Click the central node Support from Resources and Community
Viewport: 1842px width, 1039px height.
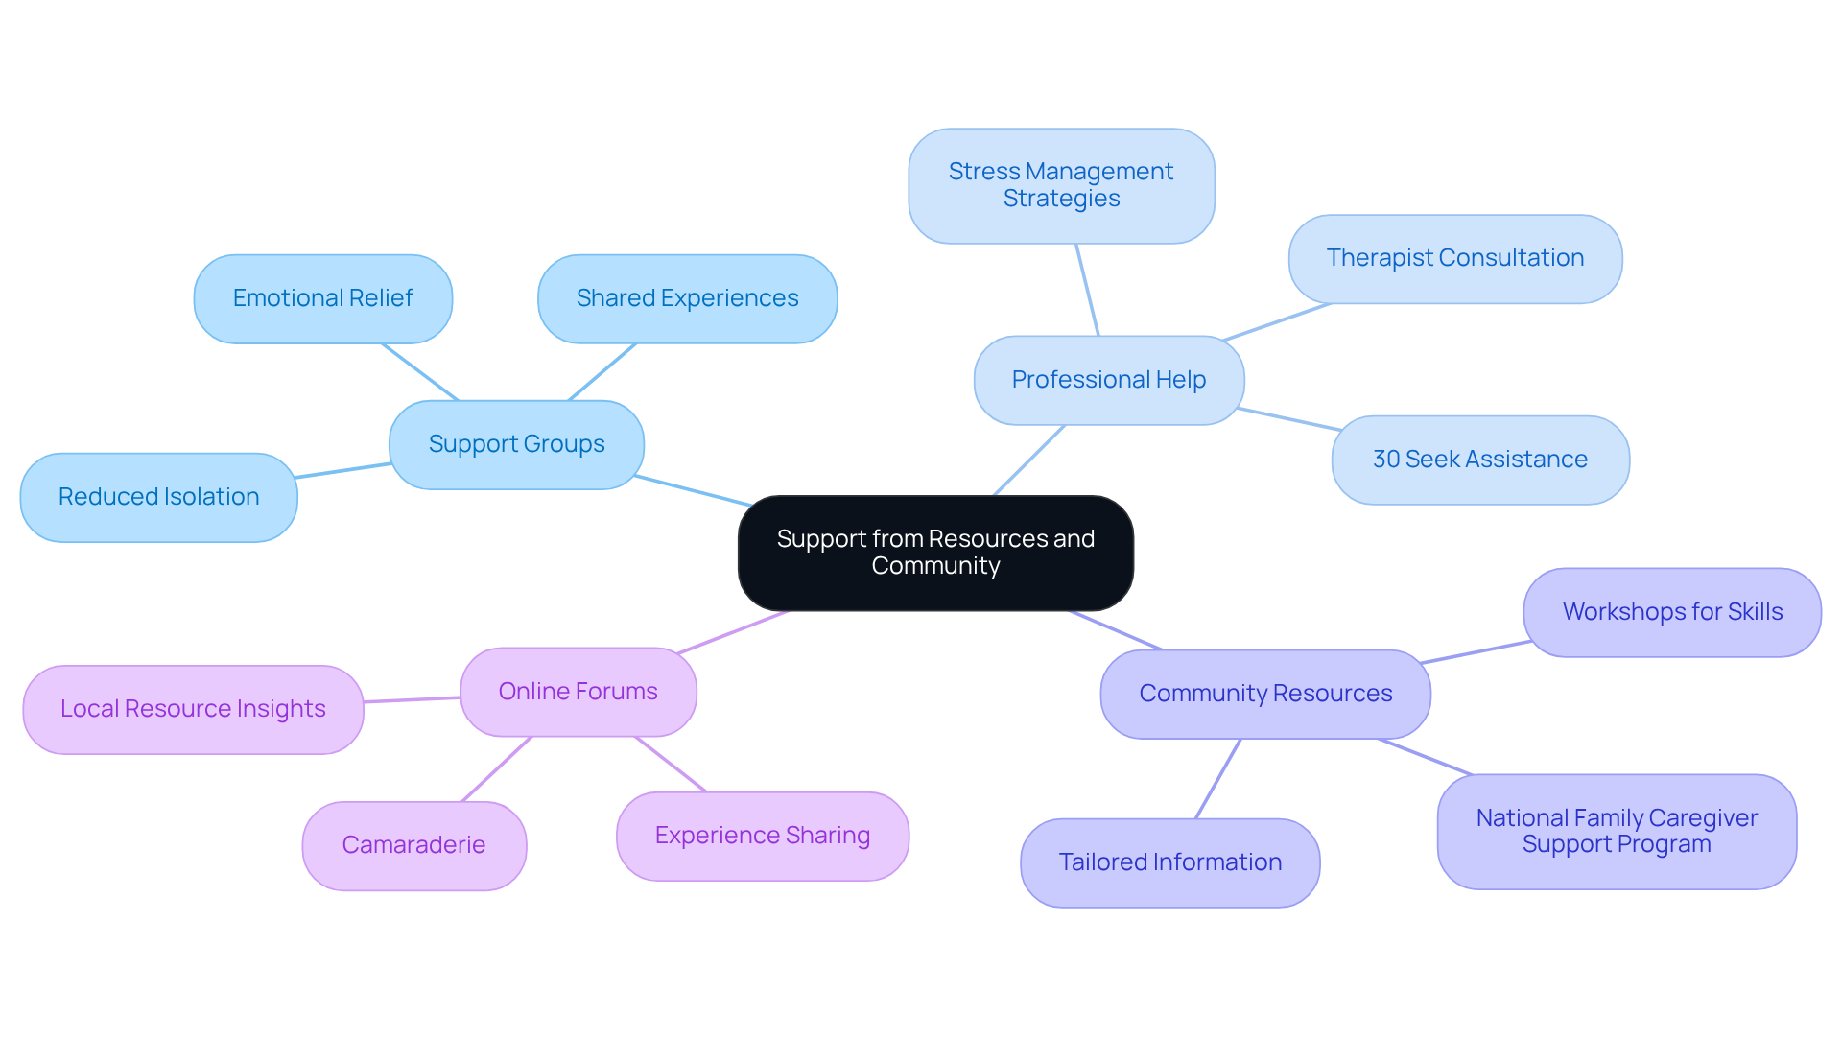click(x=935, y=553)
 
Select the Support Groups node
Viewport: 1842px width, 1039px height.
click(x=516, y=444)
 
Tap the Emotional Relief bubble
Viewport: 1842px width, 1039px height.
click(x=322, y=298)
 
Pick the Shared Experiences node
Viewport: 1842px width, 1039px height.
click(x=687, y=298)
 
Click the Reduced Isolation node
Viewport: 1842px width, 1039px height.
click(x=158, y=497)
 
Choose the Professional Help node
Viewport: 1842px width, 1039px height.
click(x=1108, y=380)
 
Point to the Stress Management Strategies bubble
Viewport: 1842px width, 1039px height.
click(x=1061, y=185)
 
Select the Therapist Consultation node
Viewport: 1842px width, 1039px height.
click(x=1454, y=258)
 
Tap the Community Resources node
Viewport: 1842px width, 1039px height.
click(x=1264, y=694)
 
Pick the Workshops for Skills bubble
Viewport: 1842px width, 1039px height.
click(x=1671, y=612)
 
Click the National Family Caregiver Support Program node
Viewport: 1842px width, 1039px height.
click(x=1616, y=831)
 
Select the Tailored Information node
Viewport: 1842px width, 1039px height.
click(x=1169, y=862)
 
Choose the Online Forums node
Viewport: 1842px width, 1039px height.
click(x=578, y=692)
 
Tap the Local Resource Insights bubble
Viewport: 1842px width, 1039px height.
click(x=193, y=709)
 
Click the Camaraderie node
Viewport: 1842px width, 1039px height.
click(x=413, y=845)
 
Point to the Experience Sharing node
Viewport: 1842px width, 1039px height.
click(x=762, y=836)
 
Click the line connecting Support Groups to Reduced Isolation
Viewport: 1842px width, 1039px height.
click(x=342, y=470)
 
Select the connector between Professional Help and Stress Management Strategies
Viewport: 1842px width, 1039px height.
click(x=1087, y=290)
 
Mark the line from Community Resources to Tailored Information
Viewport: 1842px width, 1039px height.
click(x=1217, y=779)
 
